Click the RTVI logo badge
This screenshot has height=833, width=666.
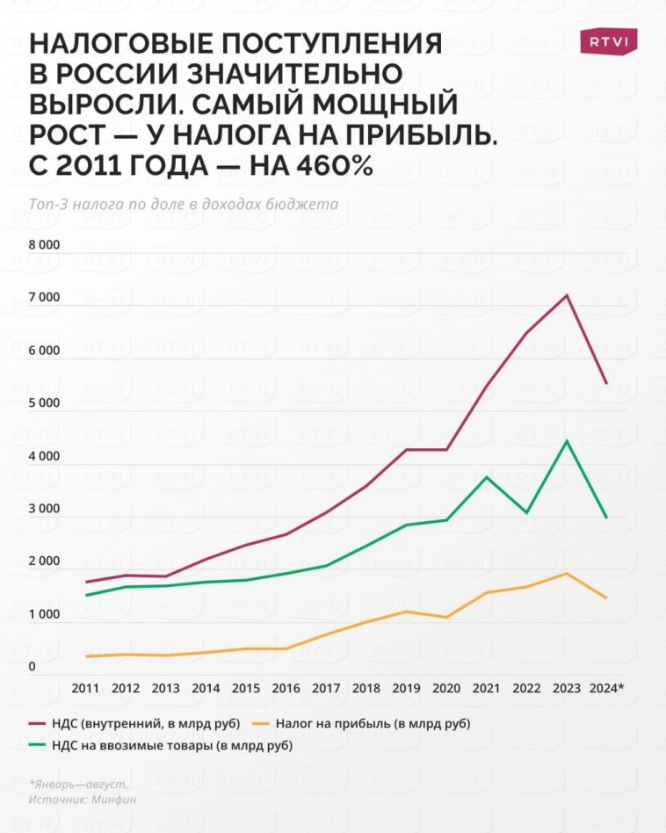(x=608, y=41)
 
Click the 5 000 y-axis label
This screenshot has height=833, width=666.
(x=44, y=403)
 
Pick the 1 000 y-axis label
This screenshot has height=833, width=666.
(x=44, y=614)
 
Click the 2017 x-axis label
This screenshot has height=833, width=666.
(x=327, y=687)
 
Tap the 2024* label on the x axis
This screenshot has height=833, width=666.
(x=607, y=687)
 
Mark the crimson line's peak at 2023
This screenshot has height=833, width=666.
(x=568, y=294)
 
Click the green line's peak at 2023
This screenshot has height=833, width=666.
(x=568, y=440)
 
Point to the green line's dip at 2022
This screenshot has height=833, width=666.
(x=527, y=512)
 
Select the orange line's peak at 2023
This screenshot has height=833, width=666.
(x=568, y=574)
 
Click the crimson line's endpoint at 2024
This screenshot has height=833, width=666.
(x=607, y=383)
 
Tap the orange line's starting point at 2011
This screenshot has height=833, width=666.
(x=86, y=656)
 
